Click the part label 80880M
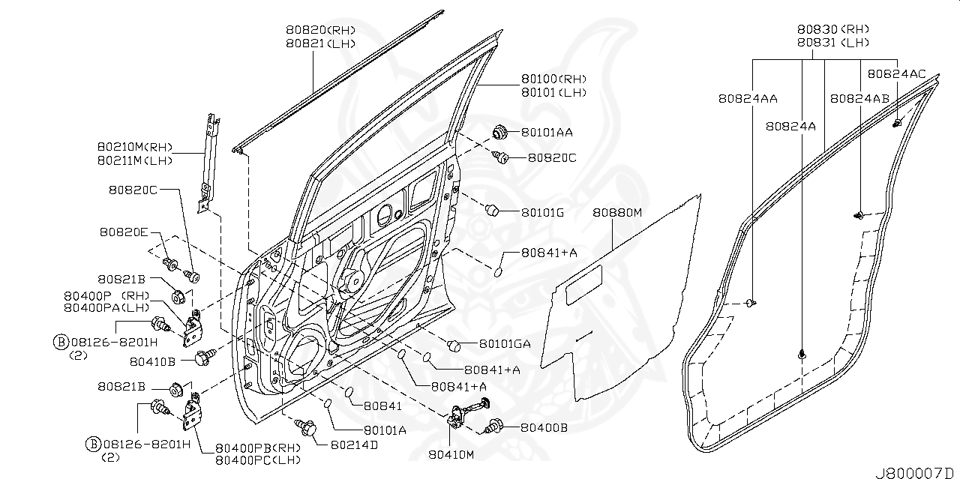click(617, 213)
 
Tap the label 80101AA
click(547, 133)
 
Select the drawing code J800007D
click(914, 472)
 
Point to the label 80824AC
click(896, 73)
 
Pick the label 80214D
click(353, 445)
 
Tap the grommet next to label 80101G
click(493, 210)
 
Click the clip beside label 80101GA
click(453, 345)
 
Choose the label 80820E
click(123, 232)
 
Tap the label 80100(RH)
click(553, 79)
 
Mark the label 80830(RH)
click(832, 30)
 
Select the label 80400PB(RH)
click(257, 448)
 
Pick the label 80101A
click(385, 430)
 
